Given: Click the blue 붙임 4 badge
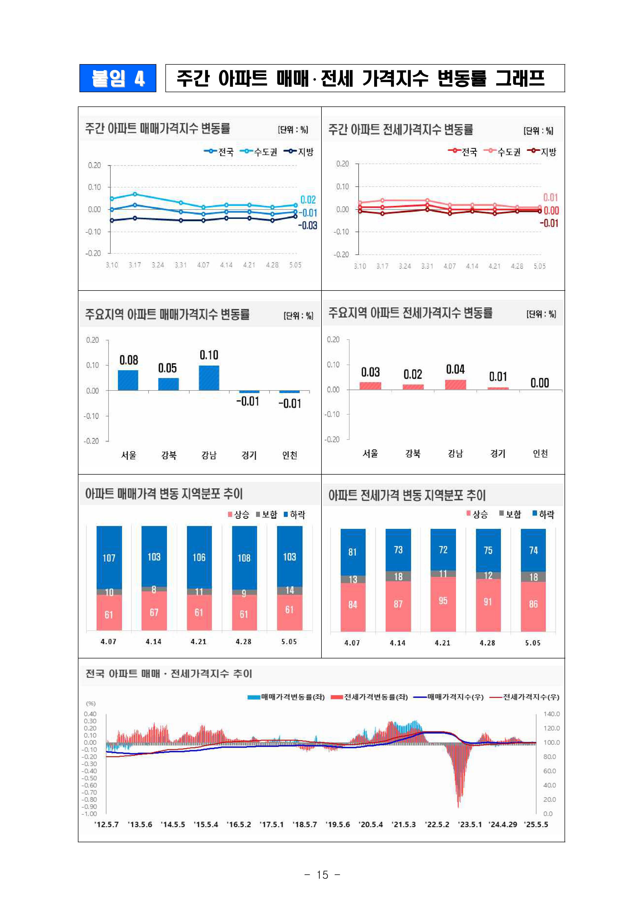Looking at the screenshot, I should (x=118, y=78).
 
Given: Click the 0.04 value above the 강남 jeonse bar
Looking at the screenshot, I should (x=455, y=369).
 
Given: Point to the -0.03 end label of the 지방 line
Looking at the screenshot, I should (x=308, y=226).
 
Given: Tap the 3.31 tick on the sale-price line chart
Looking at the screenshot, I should (x=180, y=265).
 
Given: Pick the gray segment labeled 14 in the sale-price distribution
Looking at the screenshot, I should (x=290, y=590).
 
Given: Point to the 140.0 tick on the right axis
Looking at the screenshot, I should (x=551, y=714).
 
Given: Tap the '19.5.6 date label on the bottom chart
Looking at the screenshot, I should (x=338, y=824).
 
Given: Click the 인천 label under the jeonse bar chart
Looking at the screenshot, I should (x=540, y=454).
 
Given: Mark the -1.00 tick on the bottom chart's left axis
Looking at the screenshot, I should (x=89, y=814).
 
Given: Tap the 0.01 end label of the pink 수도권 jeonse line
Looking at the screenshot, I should (x=551, y=198).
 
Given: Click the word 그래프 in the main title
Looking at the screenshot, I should (x=520, y=78).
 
